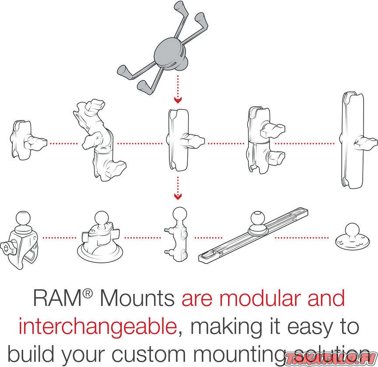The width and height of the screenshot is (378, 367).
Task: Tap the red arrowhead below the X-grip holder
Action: click(177, 100)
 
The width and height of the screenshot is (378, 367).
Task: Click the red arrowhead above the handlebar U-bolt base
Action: click(177, 196)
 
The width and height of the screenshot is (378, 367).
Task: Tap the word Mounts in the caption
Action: click(137, 299)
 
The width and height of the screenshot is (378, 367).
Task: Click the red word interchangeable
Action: click(97, 327)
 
